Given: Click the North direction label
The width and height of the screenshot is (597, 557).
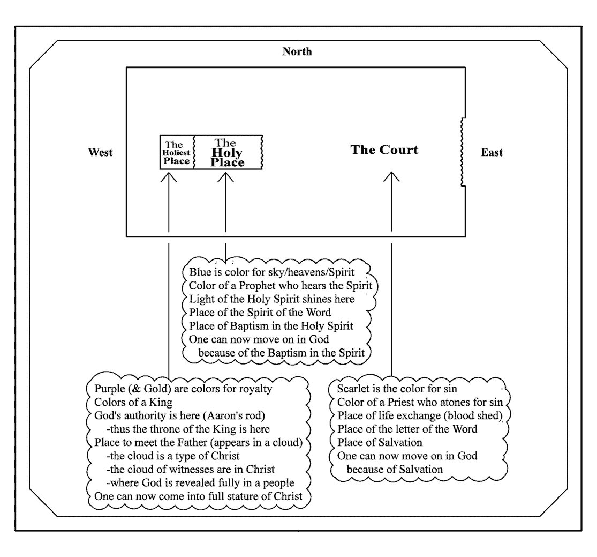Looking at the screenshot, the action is coord(297,51).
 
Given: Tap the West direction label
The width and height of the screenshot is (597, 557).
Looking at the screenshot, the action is coord(101,152).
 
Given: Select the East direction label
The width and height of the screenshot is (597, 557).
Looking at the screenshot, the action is coord(492,152).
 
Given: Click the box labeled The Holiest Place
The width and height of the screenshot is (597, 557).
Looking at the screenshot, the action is coord(177,152).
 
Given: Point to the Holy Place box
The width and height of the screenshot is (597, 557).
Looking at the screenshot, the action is coord(228,152).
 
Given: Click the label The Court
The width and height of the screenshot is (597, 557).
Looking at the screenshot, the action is coord(384,150).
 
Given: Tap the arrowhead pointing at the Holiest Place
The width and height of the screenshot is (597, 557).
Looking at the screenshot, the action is coord(169,177).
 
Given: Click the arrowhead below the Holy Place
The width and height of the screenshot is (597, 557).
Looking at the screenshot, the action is coord(226,177).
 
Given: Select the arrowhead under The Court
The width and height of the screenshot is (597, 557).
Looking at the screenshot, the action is coord(391,177).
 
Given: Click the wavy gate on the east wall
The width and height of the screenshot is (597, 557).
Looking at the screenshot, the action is coord(463,152).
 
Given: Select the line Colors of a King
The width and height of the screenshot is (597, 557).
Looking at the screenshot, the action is coord(133,402).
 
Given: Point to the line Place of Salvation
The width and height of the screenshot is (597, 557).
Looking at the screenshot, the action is coord(380,442).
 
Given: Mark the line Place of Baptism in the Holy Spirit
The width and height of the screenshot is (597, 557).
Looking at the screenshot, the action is coord(271,326).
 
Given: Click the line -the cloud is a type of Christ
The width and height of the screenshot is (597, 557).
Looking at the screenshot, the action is coord(173,456).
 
